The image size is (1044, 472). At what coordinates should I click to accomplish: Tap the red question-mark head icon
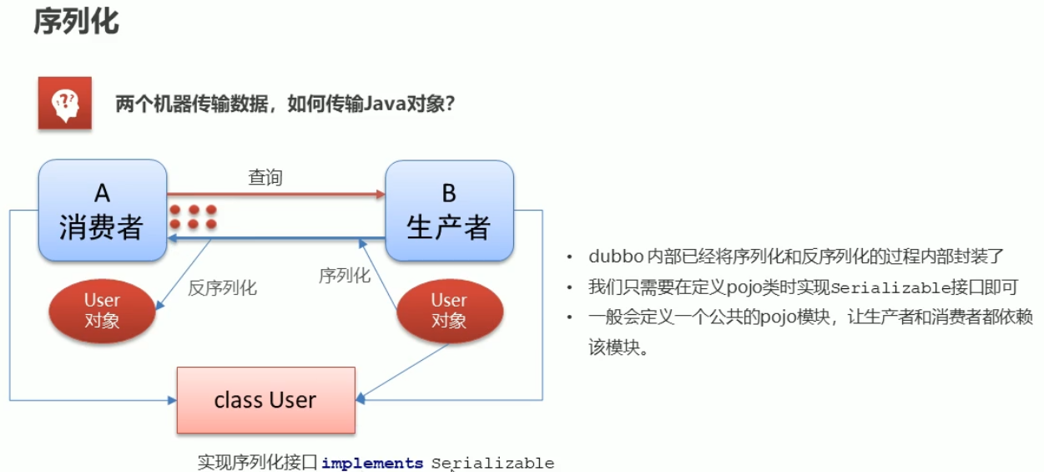(x=64, y=104)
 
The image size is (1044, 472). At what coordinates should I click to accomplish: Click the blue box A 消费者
(x=102, y=211)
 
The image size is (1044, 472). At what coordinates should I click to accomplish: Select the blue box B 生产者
(x=448, y=211)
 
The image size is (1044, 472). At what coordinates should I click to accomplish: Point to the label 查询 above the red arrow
(x=265, y=177)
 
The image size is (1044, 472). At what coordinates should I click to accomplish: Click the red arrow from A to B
(x=275, y=195)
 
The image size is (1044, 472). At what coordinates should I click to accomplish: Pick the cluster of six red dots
(x=193, y=217)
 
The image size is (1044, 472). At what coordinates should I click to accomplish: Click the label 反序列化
(x=222, y=288)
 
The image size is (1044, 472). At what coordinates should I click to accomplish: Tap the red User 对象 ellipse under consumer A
(x=102, y=310)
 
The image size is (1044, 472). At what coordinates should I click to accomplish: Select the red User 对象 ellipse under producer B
(x=449, y=310)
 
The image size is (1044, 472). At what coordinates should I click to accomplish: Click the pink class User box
(x=265, y=400)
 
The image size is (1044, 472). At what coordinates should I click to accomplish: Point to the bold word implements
(x=372, y=463)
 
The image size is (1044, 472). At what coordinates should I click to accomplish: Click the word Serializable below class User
(x=492, y=463)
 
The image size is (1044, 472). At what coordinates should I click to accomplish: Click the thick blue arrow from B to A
(x=275, y=239)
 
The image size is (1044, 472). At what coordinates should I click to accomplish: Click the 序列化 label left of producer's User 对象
(x=344, y=276)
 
